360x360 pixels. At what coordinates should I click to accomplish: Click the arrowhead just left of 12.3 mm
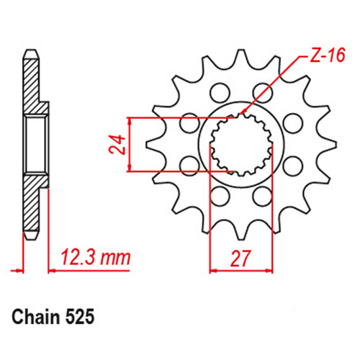pyautogui.click(x=51, y=271)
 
